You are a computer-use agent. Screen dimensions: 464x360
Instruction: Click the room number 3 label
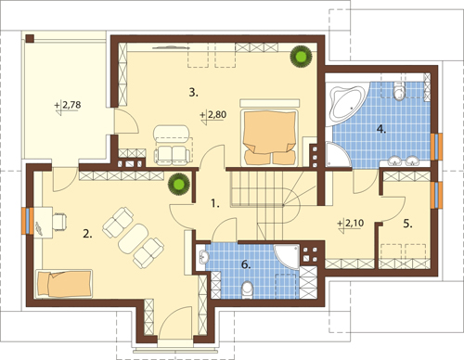(193, 93)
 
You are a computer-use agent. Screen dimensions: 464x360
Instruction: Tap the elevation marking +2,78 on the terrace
(68, 107)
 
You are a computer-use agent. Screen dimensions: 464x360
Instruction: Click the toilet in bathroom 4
(398, 91)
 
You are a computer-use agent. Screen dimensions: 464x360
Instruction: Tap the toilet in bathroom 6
(247, 289)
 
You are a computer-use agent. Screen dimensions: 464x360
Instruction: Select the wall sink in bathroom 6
(203, 257)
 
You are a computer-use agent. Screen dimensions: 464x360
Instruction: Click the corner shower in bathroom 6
(287, 257)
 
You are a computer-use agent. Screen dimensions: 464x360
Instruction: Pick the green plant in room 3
(301, 57)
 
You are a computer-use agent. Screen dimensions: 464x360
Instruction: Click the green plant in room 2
(178, 185)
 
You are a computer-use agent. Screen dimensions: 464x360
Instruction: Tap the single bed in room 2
(64, 284)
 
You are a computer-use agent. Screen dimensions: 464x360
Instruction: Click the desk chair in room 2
(60, 221)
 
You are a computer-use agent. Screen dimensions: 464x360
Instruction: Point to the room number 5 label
(407, 224)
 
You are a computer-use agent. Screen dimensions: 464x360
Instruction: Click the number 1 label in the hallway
(215, 203)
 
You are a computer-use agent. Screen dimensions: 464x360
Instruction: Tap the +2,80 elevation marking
(213, 116)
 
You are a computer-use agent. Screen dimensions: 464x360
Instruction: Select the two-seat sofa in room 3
(173, 155)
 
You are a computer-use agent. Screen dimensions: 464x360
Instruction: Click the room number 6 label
(246, 264)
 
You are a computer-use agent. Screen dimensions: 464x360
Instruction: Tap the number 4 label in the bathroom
(381, 129)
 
